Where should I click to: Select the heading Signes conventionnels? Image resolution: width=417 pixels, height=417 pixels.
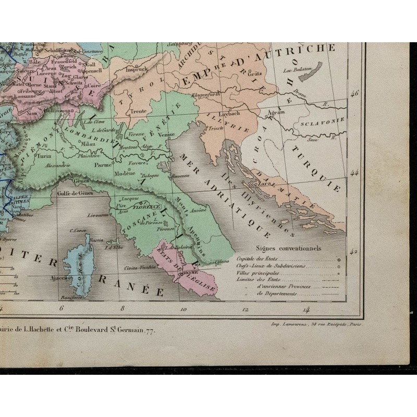288,249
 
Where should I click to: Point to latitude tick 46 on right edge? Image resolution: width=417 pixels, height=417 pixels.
357,94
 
